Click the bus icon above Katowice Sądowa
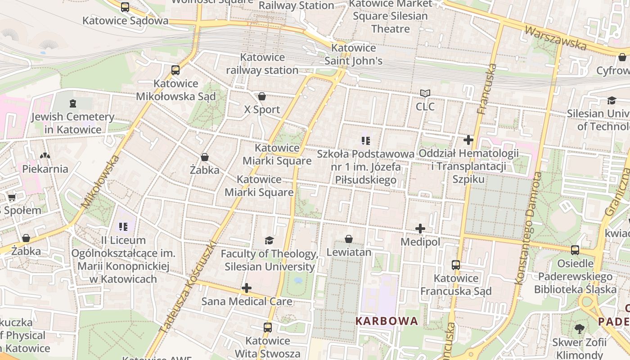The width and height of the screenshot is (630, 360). pyautogui.click(x=125, y=7)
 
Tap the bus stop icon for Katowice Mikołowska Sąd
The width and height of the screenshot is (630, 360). pyautogui.click(x=175, y=70)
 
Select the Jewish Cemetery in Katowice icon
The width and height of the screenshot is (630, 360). pyautogui.click(x=73, y=104)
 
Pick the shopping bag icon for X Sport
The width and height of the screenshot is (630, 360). pyautogui.click(x=262, y=96)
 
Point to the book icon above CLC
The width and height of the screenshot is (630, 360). pyautogui.click(x=425, y=94)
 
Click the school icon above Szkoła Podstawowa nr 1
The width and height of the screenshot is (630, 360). pyautogui.click(x=366, y=141)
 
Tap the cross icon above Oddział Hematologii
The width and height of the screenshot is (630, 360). pyautogui.click(x=468, y=140)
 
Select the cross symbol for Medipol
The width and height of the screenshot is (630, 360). pyautogui.click(x=420, y=229)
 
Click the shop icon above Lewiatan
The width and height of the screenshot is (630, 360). pyautogui.click(x=349, y=239)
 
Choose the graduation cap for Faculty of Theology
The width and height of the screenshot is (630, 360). pyautogui.click(x=269, y=240)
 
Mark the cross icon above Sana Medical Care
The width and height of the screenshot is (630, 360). pyautogui.click(x=247, y=288)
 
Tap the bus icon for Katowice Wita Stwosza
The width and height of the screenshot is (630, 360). pyautogui.click(x=268, y=327)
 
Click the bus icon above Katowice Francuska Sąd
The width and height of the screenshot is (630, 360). pyautogui.click(x=456, y=265)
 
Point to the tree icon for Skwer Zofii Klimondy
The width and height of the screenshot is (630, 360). pyautogui.click(x=580, y=329)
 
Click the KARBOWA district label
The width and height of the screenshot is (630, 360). pyautogui.click(x=387, y=321)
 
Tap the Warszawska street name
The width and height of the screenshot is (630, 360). pyautogui.click(x=556, y=38)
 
